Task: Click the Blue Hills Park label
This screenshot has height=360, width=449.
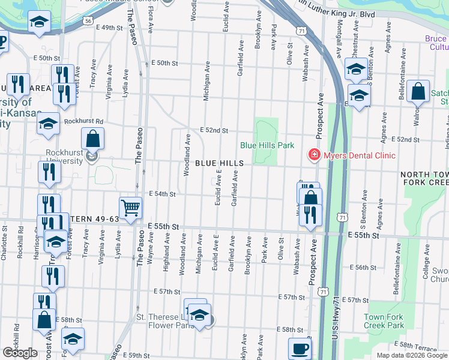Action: click(x=267, y=145)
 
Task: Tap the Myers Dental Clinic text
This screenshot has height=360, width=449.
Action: click(x=360, y=156)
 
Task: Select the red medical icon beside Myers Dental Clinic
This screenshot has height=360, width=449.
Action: click(x=313, y=155)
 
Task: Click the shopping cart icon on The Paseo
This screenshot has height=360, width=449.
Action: click(x=130, y=208)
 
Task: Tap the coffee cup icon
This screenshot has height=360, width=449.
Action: click(x=300, y=349)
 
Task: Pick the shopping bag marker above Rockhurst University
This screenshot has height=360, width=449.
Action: click(x=93, y=139)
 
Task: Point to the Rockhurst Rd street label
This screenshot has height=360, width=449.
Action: click(x=88, y=121)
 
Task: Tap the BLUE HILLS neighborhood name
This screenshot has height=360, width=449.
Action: click(x=219, y=163)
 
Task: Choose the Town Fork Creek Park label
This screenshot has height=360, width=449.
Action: click(x=382, y=320)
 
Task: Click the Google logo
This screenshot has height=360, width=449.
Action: click(x=20, y=353)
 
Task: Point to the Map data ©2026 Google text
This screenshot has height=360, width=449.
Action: click(x=412, y=355)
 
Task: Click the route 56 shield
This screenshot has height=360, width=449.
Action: click(x=88, y=20)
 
